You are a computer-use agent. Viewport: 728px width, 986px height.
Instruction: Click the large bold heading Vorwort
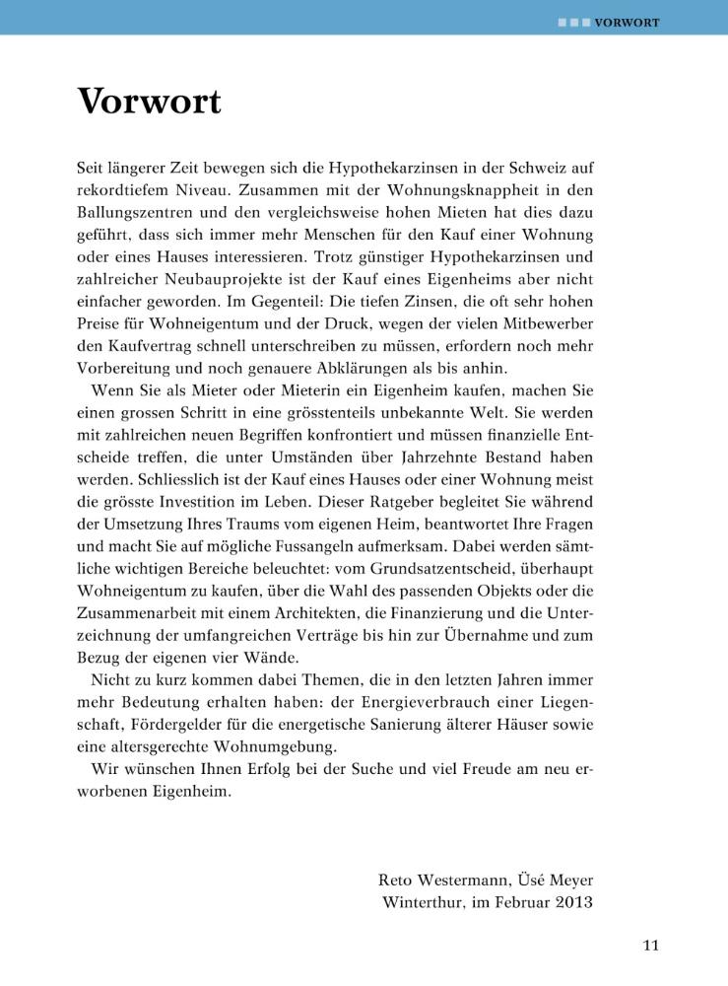click(150, 102)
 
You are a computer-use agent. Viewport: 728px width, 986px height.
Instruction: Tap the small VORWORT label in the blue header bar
click(627, 22)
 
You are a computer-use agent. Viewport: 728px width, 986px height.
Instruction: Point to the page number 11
click(650, 946)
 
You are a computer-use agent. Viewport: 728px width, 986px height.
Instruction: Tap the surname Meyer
click(566, 879)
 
